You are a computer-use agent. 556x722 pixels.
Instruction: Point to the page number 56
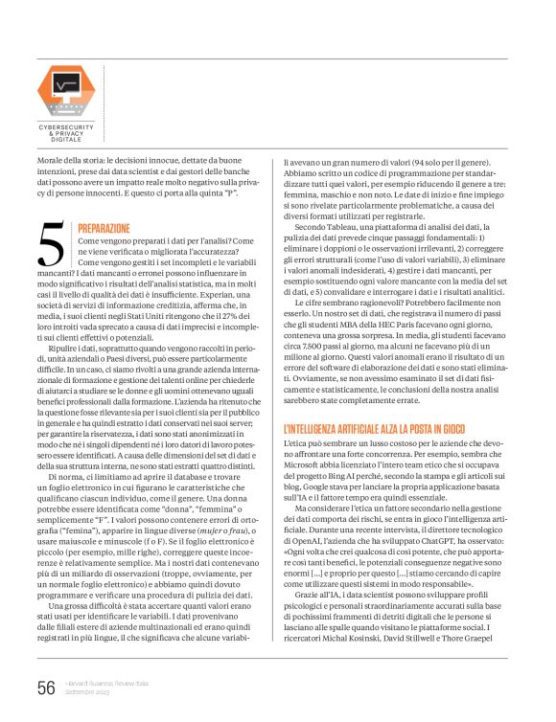click(46, 687)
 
